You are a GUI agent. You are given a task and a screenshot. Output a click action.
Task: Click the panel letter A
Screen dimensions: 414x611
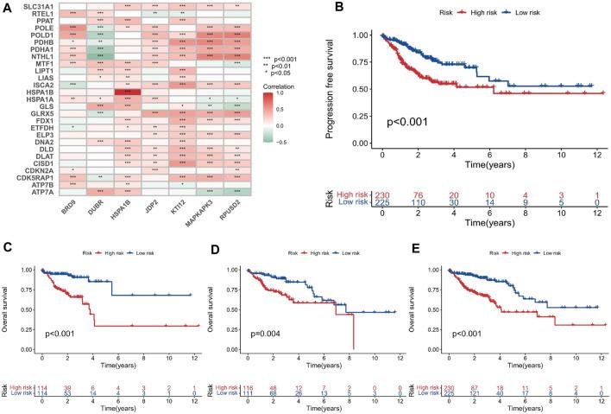click(7, 6)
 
